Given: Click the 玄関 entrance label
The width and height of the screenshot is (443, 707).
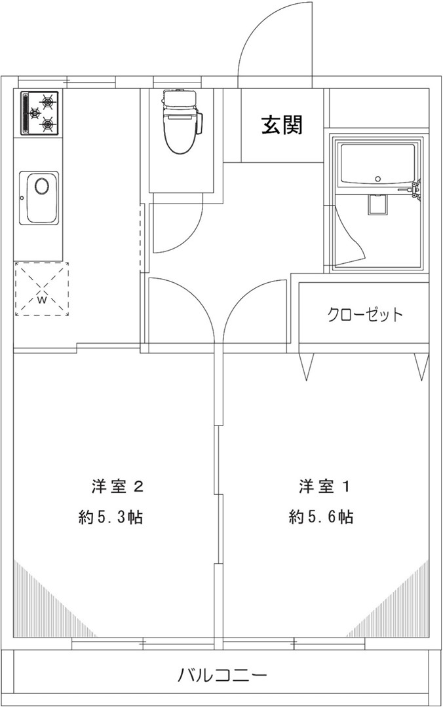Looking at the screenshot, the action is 282,125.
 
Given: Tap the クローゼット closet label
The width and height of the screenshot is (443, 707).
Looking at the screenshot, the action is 364,314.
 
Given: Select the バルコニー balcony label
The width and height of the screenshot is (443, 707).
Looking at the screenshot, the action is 221,676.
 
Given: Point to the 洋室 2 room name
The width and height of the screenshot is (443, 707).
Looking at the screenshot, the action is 118,486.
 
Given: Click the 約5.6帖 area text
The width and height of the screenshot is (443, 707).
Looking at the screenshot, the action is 321,517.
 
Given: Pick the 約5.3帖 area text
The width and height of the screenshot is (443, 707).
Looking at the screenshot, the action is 111,517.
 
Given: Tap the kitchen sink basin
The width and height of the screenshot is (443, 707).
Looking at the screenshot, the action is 39,198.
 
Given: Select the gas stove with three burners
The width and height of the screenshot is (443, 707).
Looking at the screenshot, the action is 40,113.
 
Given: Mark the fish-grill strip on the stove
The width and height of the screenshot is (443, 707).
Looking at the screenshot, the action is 26,113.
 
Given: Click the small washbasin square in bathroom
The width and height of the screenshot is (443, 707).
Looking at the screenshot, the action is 378,204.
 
